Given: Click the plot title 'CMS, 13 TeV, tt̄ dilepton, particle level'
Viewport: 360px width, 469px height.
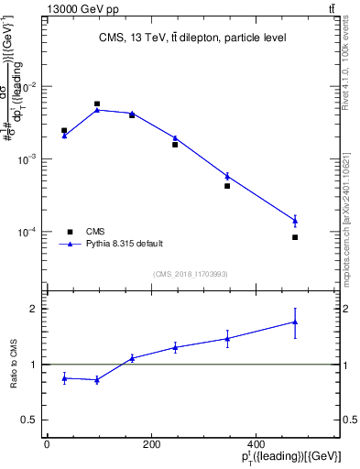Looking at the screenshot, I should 191,38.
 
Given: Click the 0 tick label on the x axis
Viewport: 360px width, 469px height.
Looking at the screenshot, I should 47,444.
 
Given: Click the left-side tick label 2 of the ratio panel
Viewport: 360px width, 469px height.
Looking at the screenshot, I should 34,309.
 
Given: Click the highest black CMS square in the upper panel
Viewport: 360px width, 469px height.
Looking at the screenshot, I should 97,104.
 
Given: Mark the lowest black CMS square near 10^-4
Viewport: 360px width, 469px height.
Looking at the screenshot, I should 295,237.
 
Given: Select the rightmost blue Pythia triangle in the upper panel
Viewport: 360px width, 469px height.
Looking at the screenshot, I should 295,220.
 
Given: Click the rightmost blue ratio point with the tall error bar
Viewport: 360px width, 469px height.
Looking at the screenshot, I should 295,322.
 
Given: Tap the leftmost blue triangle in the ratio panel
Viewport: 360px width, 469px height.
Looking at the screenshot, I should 64,377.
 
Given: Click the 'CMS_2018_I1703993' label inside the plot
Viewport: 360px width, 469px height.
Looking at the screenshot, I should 191,274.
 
